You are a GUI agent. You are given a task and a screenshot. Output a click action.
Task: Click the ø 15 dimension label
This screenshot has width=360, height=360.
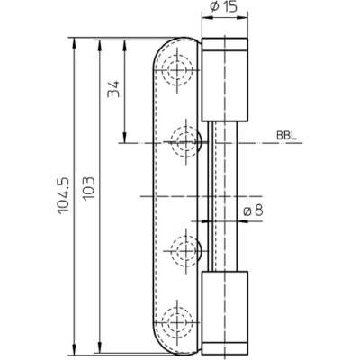coord(223,6)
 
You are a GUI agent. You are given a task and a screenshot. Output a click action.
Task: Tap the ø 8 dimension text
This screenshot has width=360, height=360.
coord(253,211)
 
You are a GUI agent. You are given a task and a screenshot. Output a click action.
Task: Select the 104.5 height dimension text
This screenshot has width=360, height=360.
coord(63,195)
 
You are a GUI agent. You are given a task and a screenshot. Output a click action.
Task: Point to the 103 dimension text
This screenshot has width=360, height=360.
coord(88,188)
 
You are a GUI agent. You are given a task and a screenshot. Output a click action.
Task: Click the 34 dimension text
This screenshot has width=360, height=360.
coord(113,89)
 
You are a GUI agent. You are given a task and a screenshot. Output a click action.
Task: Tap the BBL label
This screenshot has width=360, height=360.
coord(286,136)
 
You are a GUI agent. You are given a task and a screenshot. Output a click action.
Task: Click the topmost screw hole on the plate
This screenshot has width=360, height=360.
coord(177,70)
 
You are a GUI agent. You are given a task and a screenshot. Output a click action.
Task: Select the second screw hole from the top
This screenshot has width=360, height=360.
coord(186,141)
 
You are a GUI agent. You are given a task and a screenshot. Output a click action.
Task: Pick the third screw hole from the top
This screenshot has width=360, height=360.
coord(186,249)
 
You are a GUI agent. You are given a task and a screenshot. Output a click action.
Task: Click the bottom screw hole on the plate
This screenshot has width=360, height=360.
coord(177,321)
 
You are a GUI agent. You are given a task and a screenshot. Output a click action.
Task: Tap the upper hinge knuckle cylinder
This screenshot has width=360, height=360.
coord(224,80)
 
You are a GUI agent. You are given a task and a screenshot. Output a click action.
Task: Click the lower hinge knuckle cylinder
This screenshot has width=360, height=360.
coord(224,313)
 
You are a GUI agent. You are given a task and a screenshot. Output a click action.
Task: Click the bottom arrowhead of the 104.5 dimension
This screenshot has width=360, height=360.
coord(74,349)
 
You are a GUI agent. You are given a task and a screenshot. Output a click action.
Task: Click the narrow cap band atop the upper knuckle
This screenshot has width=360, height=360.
coord(224,44)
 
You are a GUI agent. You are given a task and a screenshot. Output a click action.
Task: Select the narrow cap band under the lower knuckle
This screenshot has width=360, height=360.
coord(224,348)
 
